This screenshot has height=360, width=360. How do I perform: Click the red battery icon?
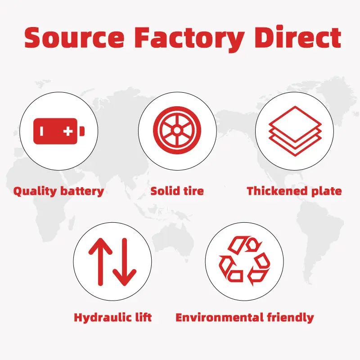coord(59,131)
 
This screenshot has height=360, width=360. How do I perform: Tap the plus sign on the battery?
coord(68,131)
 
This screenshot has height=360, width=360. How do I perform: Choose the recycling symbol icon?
coord(244,260)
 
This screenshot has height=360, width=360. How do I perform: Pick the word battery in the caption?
coord(81,191)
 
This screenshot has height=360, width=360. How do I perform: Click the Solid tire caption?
coord(177,191)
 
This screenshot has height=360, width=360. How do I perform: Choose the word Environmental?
coord(223,317)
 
